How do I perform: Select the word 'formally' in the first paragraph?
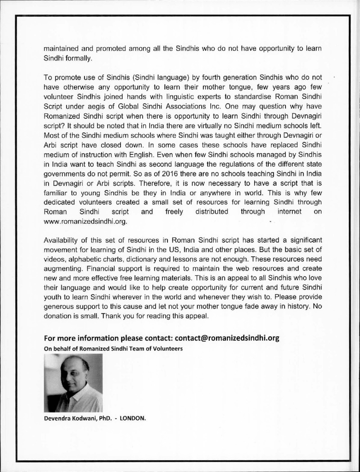(79, 58)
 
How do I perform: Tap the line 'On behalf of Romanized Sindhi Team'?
(112, 348)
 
